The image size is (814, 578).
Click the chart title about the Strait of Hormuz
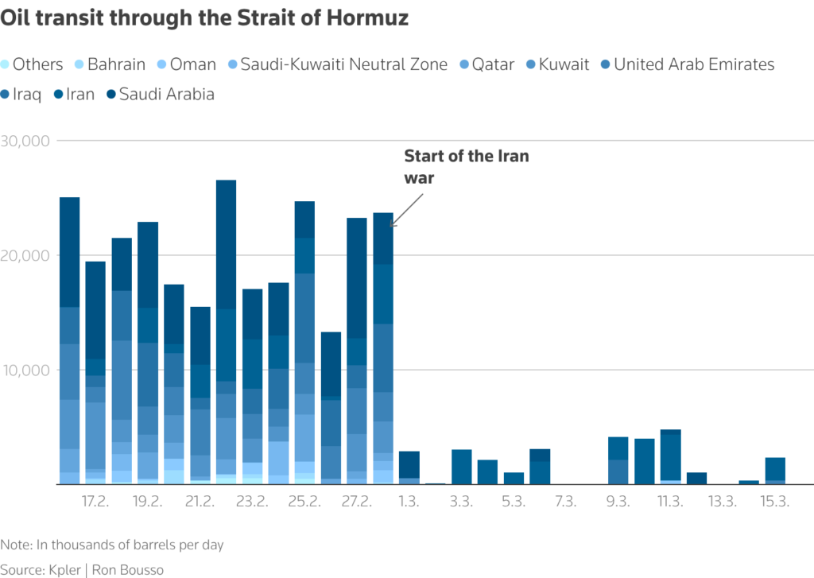[205, 18]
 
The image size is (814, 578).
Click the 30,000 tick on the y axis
[25, 141]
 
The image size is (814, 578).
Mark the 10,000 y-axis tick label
[25, 370]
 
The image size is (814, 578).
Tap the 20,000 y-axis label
[25, 255]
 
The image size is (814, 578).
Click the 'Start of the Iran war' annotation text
[466, 167]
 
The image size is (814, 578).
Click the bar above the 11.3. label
[670, 456]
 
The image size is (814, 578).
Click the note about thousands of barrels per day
[112, 545]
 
